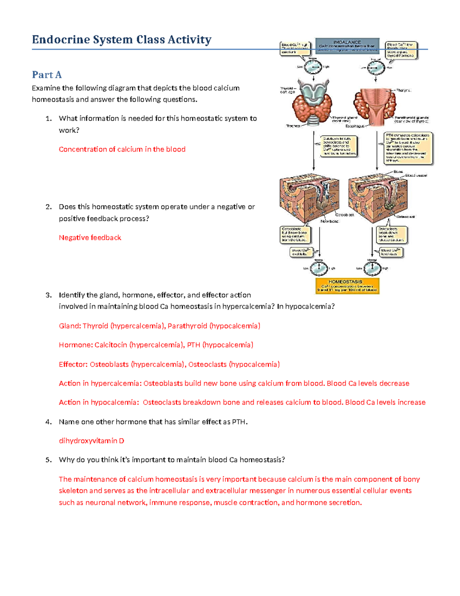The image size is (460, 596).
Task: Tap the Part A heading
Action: pyautogui.click(x=47, y=74)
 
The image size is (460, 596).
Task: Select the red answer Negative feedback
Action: pyautogui.click(x=90, y=238)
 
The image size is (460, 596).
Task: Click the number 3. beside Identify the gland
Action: pyautogui.click(x=48, y=295)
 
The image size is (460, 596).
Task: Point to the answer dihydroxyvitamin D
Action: pyautogui.click(x=91, y=441)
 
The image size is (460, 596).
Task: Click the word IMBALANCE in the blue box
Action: pyautogui.click(x=347, y=42)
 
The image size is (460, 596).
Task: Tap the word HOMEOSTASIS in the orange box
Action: pyautogui.click(x=345, y=282)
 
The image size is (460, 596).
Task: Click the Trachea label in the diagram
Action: pyautogui.click(x=293, y=126)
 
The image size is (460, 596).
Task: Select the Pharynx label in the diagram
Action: pyautogui.click(x=403, y=90)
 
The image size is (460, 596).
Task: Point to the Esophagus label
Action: pyautogui.click(x=355, y=126)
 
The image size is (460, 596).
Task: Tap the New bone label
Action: pyautogui.click(x=329, y=221)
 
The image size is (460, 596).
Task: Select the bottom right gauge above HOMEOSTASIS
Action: pyautogui.click(x=372, y=268)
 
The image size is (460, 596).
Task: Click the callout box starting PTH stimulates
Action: pyautogui.click(x=408, y=148)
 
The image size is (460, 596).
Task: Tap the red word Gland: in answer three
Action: pyautogui.click(x=70, y=326)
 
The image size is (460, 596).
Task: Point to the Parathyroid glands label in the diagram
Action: pyautogui.click(x=411, y=119)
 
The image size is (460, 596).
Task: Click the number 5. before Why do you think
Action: pyautogui.click(x=48, y=460)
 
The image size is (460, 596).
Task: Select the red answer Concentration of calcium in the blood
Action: pyautogui.click(x=122, y=149)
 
